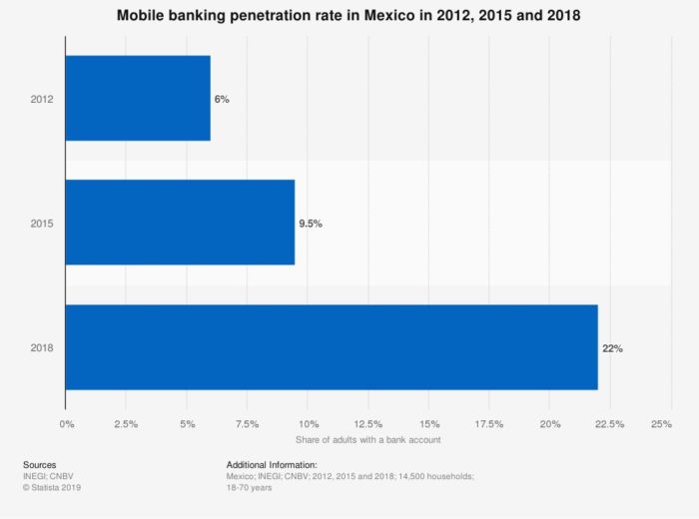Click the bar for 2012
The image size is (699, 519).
coord(138,98)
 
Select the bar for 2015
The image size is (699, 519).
coord(180,223)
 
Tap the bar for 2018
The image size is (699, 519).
coord(332,347)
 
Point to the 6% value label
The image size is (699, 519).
coord(222,99)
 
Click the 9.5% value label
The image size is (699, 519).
coord(311,224)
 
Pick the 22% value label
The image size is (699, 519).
coord(612,348)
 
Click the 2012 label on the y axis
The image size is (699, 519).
coord(42,99)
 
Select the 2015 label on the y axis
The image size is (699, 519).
coord(42,224)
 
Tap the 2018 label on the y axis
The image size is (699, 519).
coord(42,347)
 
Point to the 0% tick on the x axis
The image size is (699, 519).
coord(67,424)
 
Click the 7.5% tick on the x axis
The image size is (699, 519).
coord(247,424)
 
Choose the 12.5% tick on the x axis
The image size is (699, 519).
coord(368,424)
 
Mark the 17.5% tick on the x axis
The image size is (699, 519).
coord(489,424)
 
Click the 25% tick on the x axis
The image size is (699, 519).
coord(661,424)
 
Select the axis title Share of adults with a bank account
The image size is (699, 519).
coord(368,440)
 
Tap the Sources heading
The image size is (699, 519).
coord(40,465)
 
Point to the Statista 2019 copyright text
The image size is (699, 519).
coord(52,487)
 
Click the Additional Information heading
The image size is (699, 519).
coord(272,465)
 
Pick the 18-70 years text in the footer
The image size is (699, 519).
coord(249,487)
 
